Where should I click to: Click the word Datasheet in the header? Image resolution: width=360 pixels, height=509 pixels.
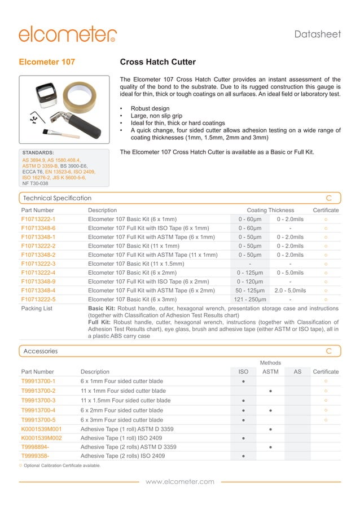[x=318, y=34]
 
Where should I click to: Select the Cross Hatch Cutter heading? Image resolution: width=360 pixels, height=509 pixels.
[x=158, y=62]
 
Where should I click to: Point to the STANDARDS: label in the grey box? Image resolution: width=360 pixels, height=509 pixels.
[x=38, y=152]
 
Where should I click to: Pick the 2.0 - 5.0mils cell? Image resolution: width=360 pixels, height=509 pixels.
[x=290, y=291]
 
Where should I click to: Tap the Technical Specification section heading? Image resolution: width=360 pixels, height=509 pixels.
[x=57, y=198]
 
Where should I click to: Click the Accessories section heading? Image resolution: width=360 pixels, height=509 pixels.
[x=41, y=351]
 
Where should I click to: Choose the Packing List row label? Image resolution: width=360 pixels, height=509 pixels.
[x=37, y=309]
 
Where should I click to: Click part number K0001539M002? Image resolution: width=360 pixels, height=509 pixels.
[x=41, y=438]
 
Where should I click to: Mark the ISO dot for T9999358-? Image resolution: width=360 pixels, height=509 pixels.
[x=243, y=456]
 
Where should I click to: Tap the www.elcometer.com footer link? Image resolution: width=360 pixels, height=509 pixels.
[x=180, y=481]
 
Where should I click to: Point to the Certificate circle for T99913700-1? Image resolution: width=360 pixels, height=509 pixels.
[x=326, y=381]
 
